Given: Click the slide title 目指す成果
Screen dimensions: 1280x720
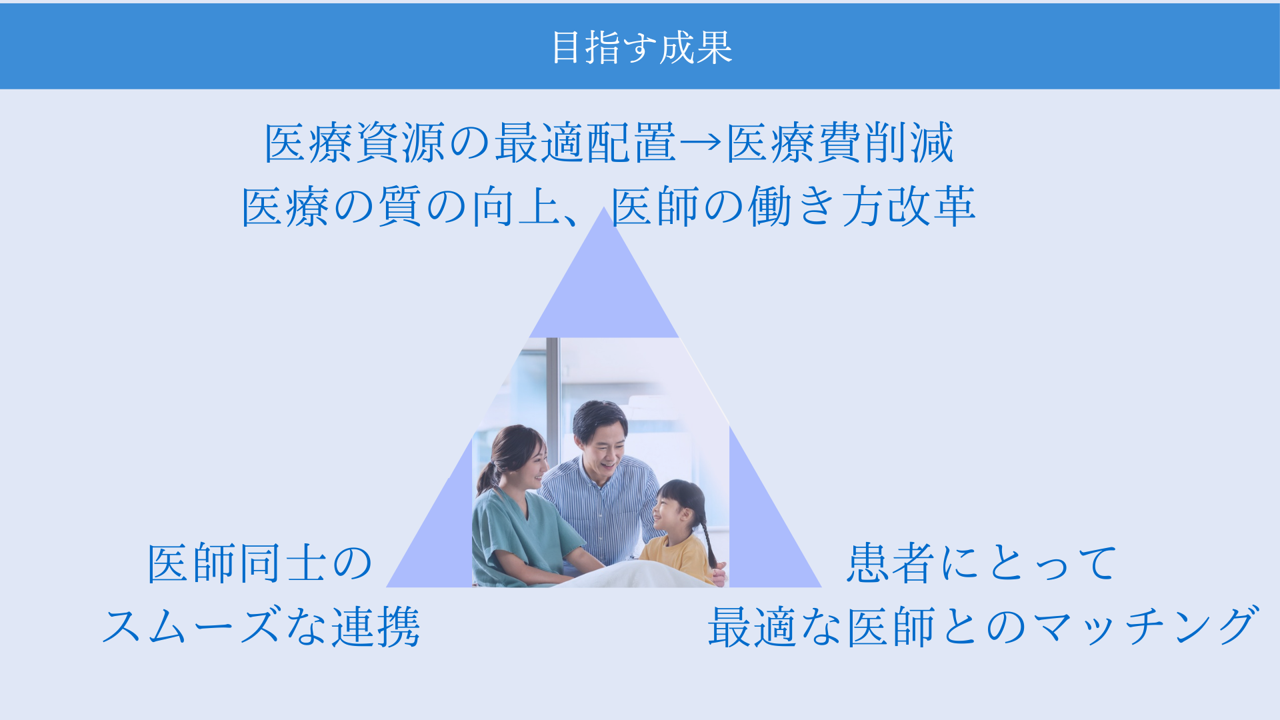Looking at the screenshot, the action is [x=642, y=47].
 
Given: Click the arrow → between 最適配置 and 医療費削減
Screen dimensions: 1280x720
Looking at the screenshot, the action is [x=701, y=142].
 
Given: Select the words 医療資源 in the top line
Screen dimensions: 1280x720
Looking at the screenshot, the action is [x=355, y=143].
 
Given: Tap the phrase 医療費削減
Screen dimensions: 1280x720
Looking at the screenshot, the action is [x=840, y=143].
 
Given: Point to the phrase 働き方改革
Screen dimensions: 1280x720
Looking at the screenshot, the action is [x=862, y=207].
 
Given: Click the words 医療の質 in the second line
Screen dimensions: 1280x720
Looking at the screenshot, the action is [x=331, y=207].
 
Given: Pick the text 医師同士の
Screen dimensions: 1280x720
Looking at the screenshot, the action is [x=259, y=563].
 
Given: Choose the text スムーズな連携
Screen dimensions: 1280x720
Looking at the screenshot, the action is [x=261, y=627].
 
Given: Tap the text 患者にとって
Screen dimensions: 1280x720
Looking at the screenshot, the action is [x=981, y=563].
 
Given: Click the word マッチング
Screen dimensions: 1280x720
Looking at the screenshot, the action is [x=1146, y=627].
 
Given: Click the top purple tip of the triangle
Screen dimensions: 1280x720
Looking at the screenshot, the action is [x=603, y=208].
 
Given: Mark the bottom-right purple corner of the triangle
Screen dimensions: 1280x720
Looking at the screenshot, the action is [x=820, y=586].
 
